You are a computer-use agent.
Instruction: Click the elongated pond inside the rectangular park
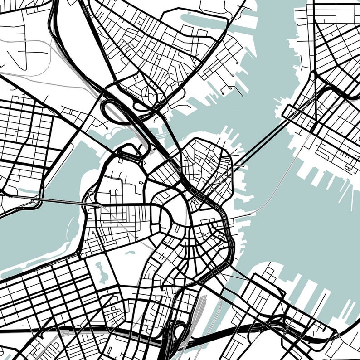pyautogui.click(x=102, y=272)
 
